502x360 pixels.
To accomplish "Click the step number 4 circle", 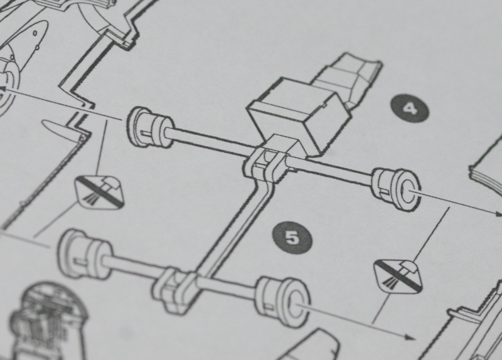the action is point(410,108).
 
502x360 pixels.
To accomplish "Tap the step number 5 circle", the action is point(292,238).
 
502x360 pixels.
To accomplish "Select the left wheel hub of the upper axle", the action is point(150,127).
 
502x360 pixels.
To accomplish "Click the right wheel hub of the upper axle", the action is point(397,189).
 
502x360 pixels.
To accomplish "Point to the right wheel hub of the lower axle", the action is point(282,302).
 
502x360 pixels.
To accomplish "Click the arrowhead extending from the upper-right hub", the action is point(498,213).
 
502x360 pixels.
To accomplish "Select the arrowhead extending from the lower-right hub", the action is point(411,337).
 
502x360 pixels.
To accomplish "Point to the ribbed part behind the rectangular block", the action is point(349,80).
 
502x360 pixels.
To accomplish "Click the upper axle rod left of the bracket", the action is point(209,141).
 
